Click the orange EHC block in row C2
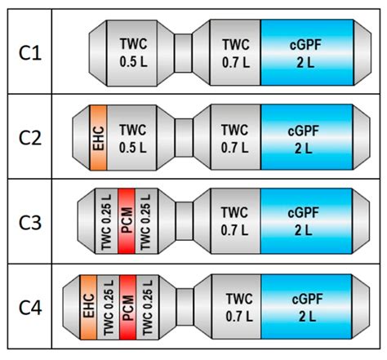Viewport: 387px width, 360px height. pos(100,136)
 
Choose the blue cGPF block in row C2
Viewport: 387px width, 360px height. pos(307,136)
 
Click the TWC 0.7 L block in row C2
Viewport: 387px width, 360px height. pos(235,136)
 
